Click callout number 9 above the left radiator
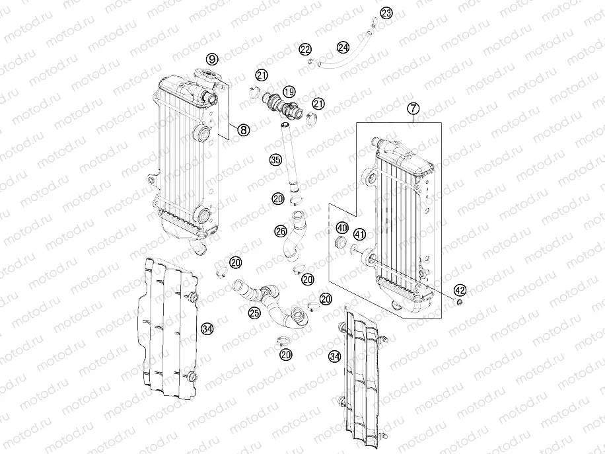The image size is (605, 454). [211, 58]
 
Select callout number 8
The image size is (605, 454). [243, 130]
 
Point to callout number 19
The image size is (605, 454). [289, 91]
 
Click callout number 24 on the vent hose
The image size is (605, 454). [343, 47]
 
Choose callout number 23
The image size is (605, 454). [386, 13]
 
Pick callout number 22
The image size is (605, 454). [304, 49]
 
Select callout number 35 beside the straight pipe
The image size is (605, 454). [275, 159]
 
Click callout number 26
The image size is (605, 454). [281, 231]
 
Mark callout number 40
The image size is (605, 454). [342, 228]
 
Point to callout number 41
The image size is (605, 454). [359, 234]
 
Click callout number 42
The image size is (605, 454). [460, 289]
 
